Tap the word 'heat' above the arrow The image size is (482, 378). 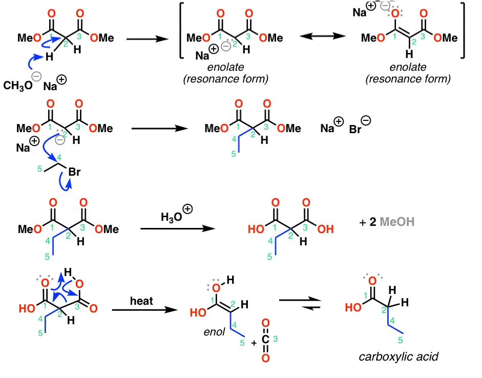[x=138, y=298]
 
